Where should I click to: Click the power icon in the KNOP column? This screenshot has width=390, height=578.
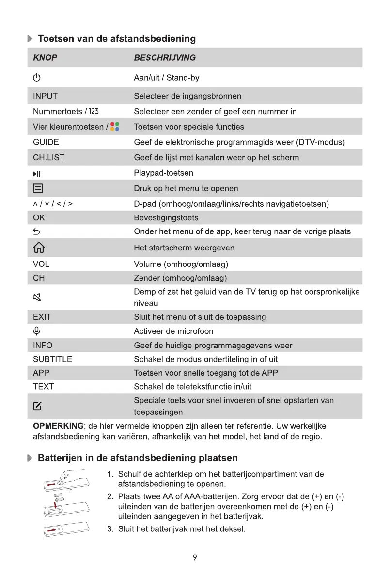37,78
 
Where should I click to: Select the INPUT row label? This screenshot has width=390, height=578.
45,96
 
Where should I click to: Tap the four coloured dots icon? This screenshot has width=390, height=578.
115,127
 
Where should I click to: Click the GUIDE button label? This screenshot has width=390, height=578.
46,142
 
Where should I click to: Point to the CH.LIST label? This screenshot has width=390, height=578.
48,157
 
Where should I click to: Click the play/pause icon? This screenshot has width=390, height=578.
37,173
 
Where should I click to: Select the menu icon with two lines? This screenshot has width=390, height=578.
38,188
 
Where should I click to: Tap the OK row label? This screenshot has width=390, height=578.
39,218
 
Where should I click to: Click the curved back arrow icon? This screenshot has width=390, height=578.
37,232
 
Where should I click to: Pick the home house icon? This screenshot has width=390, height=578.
38,248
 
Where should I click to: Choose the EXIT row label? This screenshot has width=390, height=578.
42,317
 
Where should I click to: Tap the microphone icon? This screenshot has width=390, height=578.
37,331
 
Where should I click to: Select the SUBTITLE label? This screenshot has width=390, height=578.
52,359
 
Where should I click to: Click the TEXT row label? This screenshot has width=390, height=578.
43,387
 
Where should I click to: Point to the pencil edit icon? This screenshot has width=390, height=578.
37,406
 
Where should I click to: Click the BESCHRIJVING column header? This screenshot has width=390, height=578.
165,58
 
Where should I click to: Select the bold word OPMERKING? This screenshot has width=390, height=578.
58,426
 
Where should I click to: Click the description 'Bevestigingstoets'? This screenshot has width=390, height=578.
166,218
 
